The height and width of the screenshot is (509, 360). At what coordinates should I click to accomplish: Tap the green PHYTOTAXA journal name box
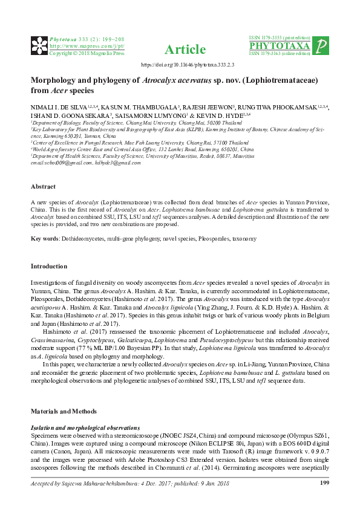coord(280,46)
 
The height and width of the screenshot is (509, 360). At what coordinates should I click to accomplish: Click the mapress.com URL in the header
coord(87,46)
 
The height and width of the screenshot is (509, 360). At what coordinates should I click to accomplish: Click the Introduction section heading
coord(50,266)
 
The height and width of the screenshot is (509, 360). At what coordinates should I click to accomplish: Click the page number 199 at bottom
coord(324,482)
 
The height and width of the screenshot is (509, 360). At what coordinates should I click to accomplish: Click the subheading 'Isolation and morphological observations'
coord(84,427)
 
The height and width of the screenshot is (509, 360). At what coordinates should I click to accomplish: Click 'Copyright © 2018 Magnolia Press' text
coord(87,53)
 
